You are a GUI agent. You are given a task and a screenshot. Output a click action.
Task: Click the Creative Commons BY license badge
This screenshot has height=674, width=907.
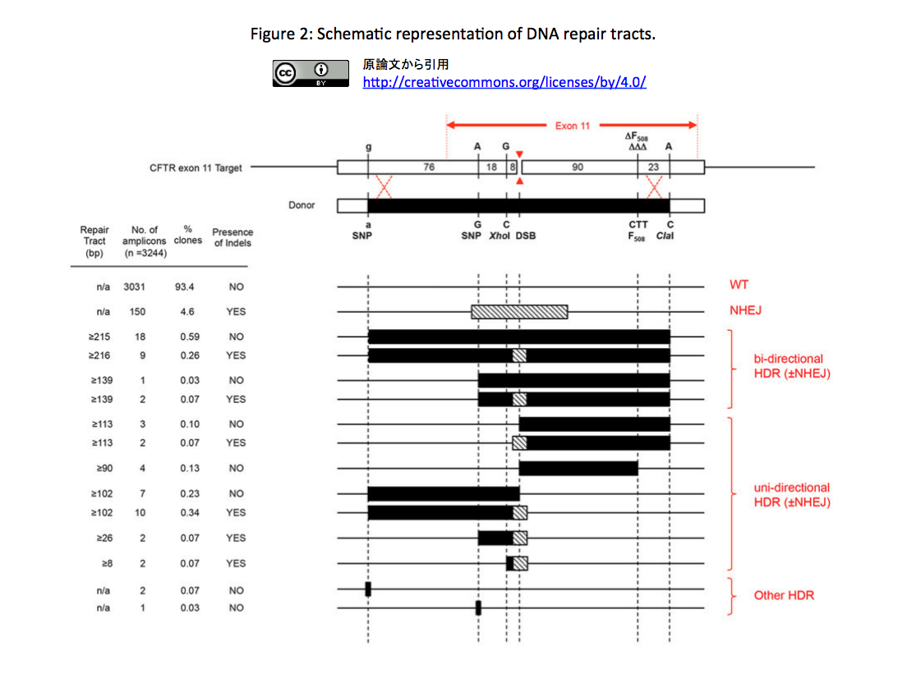pos(311,73)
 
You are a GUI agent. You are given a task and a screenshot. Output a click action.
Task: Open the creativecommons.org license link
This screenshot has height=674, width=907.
pos(504,82)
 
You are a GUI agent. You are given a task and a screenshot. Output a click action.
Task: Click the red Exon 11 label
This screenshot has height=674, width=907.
pos(573,126)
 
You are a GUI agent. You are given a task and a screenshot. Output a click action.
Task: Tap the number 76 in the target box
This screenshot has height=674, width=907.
pos(429,167)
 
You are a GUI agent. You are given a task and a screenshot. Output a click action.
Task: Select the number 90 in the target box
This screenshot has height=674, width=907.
pos(578,167)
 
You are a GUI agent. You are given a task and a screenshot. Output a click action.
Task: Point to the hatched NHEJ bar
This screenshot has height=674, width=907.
pos(519,312)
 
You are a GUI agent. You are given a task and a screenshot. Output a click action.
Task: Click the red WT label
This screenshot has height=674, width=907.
pos(739,284)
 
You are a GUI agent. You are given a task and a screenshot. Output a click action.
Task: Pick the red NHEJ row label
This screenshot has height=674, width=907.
pos(745,310)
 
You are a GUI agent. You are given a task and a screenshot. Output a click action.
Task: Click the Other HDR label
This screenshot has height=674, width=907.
pos(784,595)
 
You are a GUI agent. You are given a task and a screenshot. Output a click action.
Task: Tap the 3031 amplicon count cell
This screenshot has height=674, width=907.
pos(134,287)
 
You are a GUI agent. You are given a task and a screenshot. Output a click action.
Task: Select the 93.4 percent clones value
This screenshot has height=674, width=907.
pos(185,287)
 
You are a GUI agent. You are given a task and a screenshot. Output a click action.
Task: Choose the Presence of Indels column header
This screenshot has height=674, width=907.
pos(233,237)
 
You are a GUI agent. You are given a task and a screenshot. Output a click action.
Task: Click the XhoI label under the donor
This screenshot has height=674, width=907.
pos(500,236)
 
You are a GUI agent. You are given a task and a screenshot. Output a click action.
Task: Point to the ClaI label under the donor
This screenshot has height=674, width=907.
pos(665,236)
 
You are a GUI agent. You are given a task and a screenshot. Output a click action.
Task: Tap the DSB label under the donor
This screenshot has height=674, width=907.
pos(526,236)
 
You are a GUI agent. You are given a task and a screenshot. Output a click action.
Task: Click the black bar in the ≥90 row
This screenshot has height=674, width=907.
pos(578,468)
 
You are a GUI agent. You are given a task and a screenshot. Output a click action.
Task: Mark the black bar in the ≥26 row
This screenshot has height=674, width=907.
pos(495,539)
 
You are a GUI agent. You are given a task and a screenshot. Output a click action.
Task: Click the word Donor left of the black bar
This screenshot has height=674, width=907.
pos(302,205)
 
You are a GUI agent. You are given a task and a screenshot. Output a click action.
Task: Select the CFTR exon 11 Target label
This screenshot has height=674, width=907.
pos(196,167)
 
